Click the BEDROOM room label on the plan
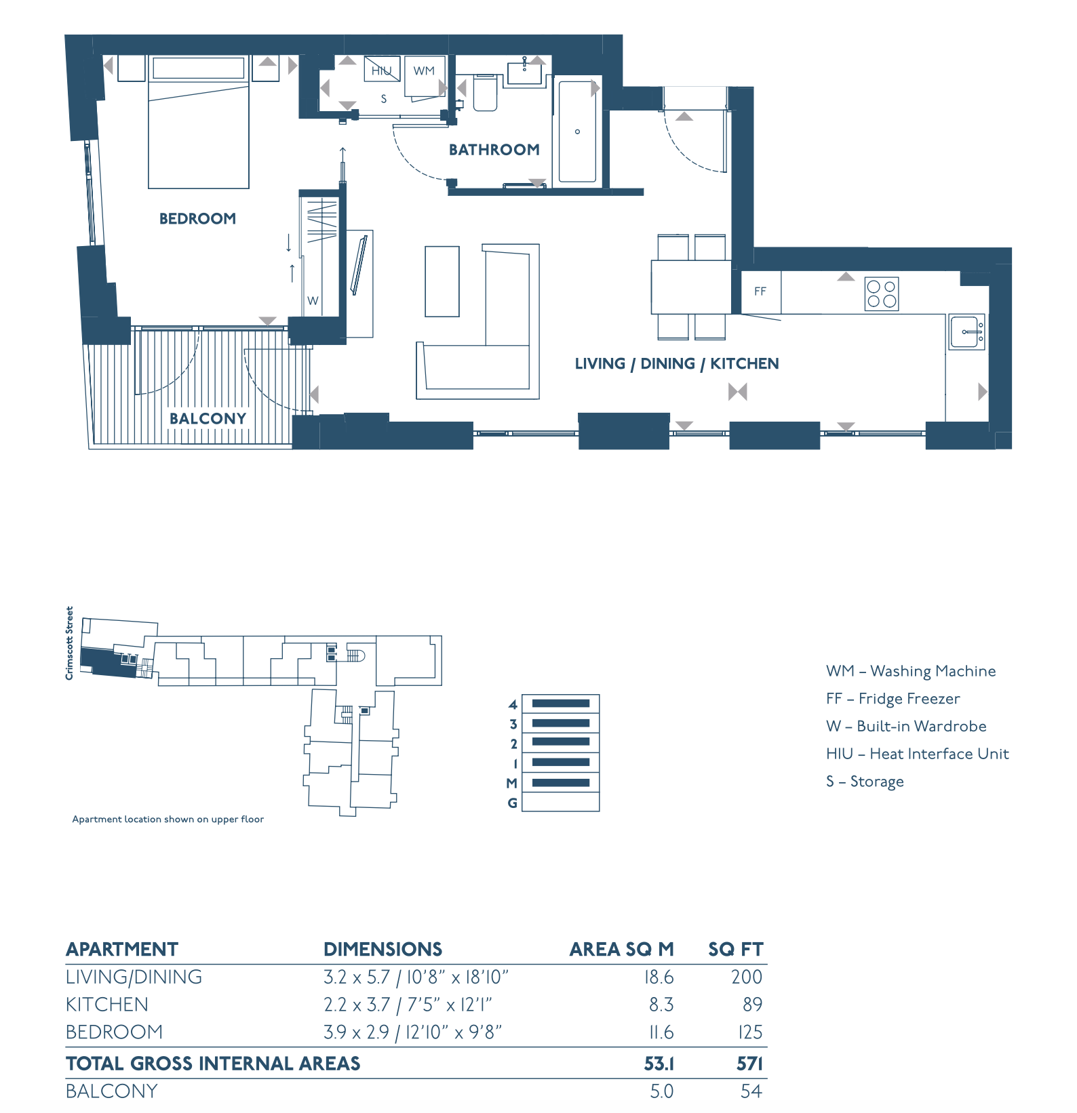(x=197, y=219)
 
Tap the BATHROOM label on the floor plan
(x=494, y=150)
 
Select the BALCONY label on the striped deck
(x=208, y=419)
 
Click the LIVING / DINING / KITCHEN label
(x=677, y=364)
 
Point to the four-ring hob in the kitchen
(x=882, y=294)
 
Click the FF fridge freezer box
(x=760, y=291)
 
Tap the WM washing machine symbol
(x=425, y=76)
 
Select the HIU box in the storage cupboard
(x=382, y=69)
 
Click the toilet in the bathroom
(x=486, y=93)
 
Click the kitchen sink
(x=966, y=332)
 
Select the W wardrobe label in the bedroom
(x=313, y=301)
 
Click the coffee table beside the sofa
(x=442, y=281)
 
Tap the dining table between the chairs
(x=691, y=287)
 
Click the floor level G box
(x=561, y=803)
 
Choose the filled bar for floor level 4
(x=561, y=704)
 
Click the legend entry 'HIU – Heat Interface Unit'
(x=917, y=754)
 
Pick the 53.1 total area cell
(x=659, y=1064)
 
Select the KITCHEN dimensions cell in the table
(x=408, y=1005)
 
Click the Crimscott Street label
(x=69, y=643)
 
